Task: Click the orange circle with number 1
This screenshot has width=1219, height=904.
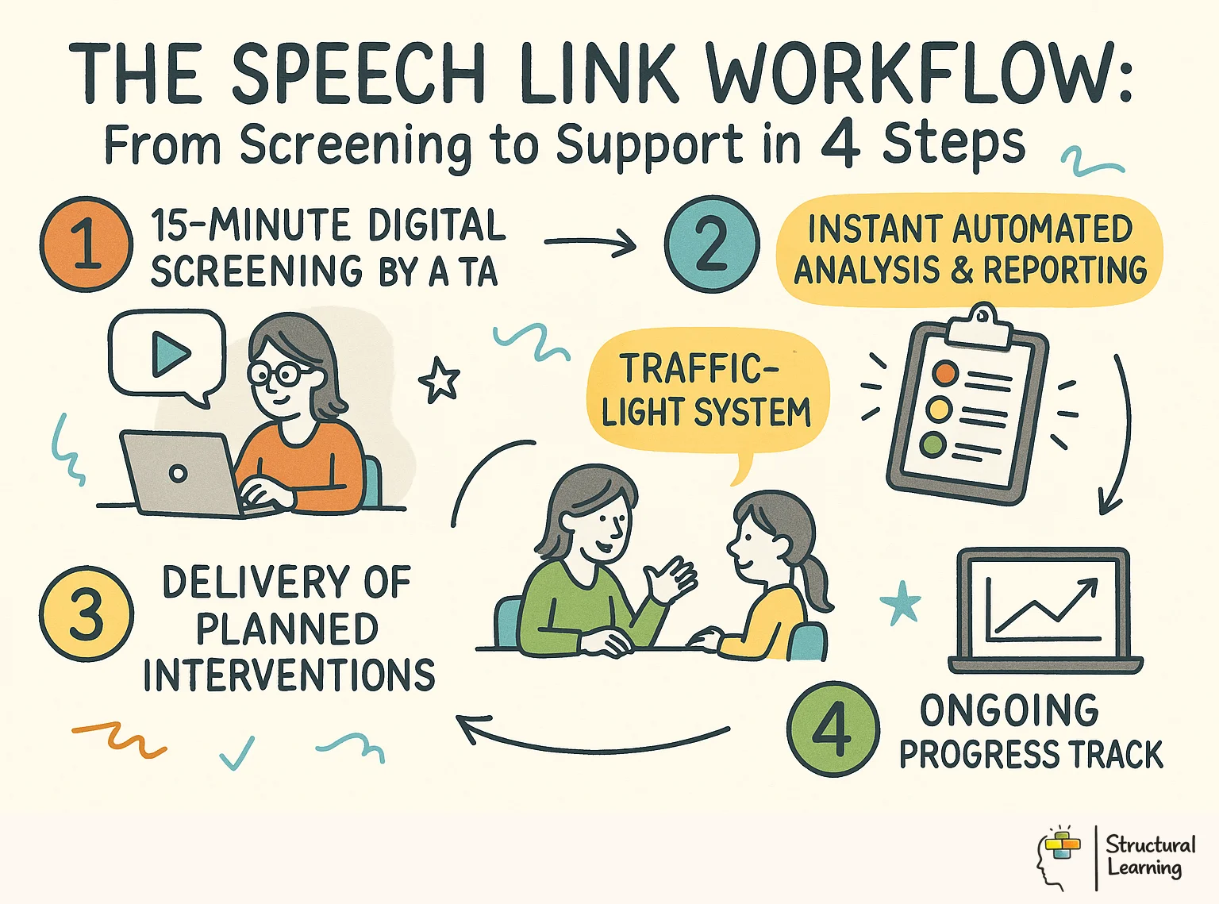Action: pyautogui.click(x=86, y=244)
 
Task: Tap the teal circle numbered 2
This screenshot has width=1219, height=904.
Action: pyautogui.click(x=711, y=244)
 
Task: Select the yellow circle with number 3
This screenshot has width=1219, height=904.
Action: pyautogui.click(x=86, y=613)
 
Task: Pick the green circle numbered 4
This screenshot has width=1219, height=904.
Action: pyautogui.click(x=833, y=728)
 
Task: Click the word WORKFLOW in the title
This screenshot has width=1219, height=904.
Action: pyautogui.click(x=917, y=73)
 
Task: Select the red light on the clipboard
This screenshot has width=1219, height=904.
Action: pyautogui.click(x=945, y=372)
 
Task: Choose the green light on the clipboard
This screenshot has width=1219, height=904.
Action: pyautogui.click(x=933, y=444)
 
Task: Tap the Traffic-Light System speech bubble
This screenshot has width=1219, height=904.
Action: pyautogui.click(x=706, y=392)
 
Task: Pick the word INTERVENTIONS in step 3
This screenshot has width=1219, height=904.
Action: pyautogui.click(x=289, y=675)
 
